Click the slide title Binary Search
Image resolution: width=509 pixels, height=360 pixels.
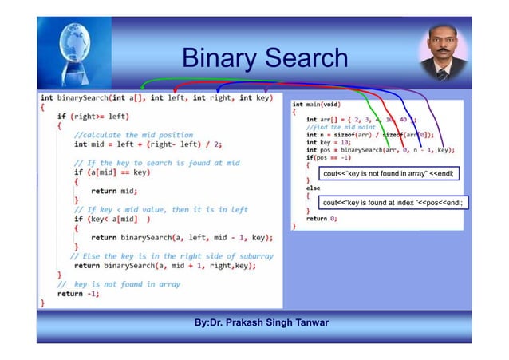click(264, 58)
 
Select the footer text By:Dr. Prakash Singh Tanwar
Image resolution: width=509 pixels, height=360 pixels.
click(262, 322)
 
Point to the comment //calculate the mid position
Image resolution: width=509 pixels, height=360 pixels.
click(133, 134)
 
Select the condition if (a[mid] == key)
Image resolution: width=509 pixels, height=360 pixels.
click(112, 172)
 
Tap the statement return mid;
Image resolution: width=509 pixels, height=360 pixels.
click(115, 191)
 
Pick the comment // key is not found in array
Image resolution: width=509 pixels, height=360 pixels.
click(118, 283)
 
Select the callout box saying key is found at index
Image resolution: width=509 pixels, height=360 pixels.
click(392, 203)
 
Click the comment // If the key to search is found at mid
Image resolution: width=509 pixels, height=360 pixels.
click(156, 162)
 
